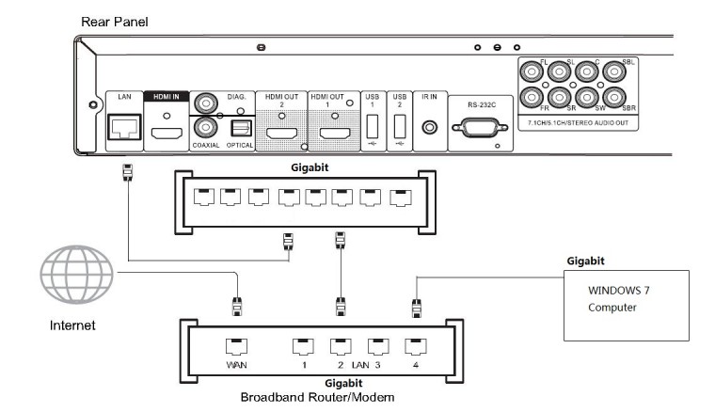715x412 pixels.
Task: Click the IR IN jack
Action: [431, 126]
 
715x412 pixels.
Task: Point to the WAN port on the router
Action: [236, 345]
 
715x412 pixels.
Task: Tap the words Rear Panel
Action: [114, 21]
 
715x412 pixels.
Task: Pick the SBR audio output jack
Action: [613, 97]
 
